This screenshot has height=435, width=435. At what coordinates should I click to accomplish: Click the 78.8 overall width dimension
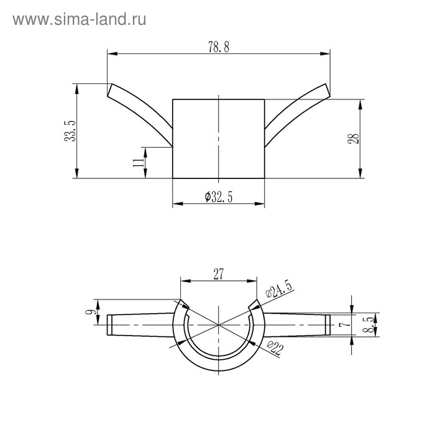[x=219, y=47]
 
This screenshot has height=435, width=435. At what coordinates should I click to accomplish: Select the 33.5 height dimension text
[x=70, y=131]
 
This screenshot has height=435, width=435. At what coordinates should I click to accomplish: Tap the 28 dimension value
[x=353, y=139]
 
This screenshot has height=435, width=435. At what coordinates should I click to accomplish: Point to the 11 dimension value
[x=139, y=162]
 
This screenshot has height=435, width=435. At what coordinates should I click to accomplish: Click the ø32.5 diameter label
[x=219, y=197]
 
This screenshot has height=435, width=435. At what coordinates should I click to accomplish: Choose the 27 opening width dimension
[x=218, y=274]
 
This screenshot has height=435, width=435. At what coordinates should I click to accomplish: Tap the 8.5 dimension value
[x=369, y=325]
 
